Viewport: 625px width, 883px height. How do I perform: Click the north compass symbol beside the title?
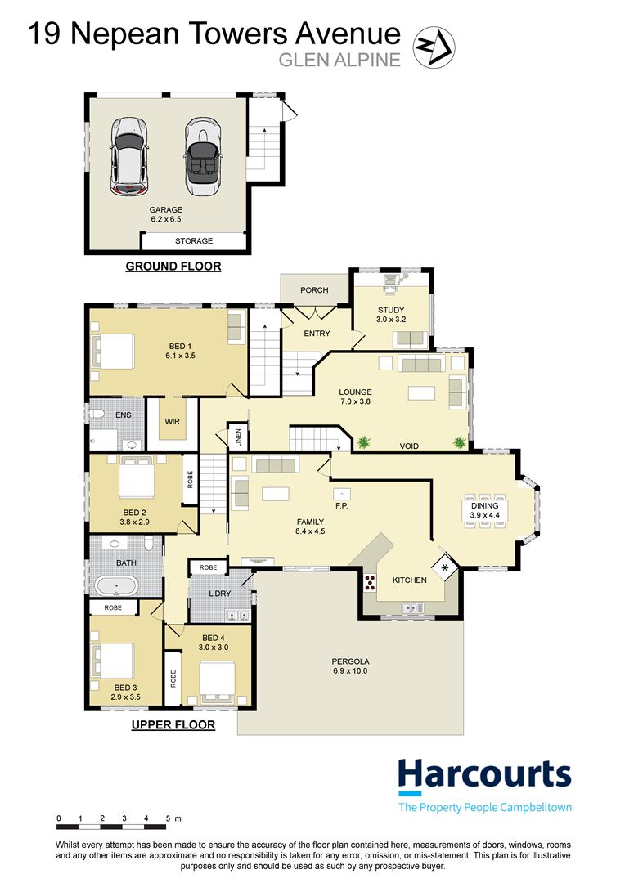point(434,47)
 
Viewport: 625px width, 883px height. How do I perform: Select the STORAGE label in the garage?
point(194,241)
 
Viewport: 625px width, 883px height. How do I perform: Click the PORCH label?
point(314,290)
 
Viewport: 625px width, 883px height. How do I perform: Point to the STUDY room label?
point(391,310)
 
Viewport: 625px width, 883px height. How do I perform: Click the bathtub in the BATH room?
point(117,585)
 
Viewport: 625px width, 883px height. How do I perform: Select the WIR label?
point(172,421)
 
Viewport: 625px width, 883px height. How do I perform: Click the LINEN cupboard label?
point(238,438)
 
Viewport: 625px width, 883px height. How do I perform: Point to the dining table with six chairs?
point(484,510)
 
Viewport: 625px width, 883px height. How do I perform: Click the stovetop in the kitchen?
point(371,582)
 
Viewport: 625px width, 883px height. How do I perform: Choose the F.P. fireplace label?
point(341,506)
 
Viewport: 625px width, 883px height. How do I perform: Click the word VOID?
point(409,446)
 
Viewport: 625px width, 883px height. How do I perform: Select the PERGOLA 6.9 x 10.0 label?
point(350,666)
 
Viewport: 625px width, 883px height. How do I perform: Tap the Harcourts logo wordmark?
point(484,774)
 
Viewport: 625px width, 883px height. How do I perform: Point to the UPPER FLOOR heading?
point(173,724)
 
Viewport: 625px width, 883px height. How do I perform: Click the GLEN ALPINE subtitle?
point(339,60)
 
